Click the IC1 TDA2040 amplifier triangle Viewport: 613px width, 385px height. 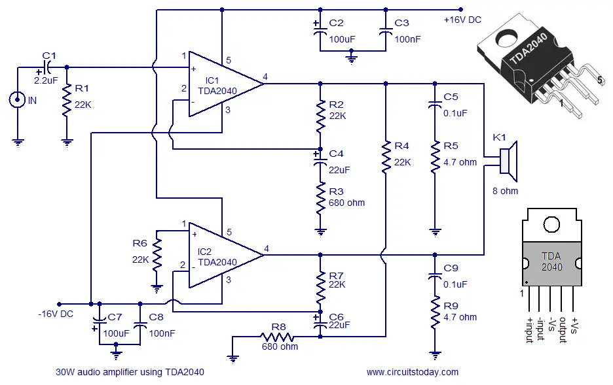pyautogui.click(x=219, y=84)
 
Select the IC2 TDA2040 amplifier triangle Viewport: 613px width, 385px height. pyautogui.click(x=219, y=255)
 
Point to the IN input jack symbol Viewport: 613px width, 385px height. pyautogui.click(x=16, y=100)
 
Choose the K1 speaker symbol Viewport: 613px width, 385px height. pyautogui.click(x=508, y=161)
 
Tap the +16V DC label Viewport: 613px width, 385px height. pyautogui.click(x=462, y=20)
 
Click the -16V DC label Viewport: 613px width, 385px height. pyautogui.click(x=56, y=314)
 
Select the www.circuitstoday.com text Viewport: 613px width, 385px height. pyautogui.click(x=412, y=372)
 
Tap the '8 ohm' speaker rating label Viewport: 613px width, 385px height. pyautogui.click(x=505, y=191)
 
